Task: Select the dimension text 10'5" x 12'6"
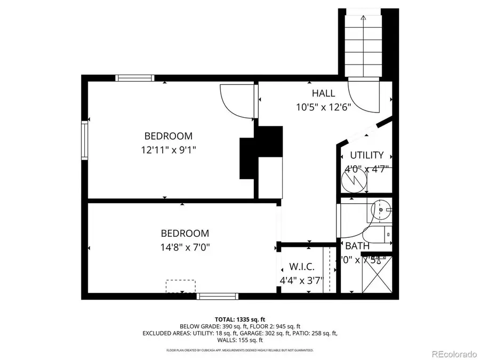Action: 324,107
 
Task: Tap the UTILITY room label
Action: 366,155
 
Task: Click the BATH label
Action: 357,246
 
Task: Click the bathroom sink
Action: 381,210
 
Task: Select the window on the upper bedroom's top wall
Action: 135,78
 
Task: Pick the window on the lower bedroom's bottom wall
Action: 217,295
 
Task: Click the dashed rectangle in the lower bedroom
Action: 180,286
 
